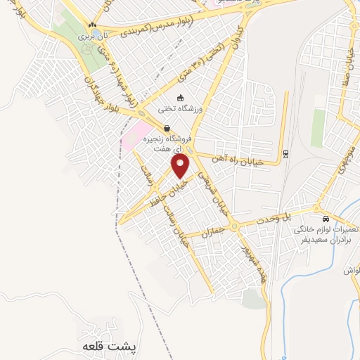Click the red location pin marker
pos(181,166)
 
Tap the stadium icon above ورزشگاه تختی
pos(181,98)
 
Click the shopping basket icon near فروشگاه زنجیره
pos(167,129)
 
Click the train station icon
pos(285,153)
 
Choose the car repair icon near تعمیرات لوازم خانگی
pos(326,218)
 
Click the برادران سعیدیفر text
pos(329,240)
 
